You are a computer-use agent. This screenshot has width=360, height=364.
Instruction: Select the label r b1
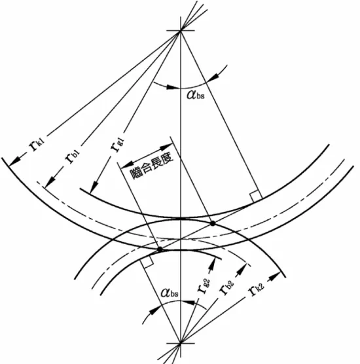[x=72, y=156]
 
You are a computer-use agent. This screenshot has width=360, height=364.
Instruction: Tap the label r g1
[x=117, y=144]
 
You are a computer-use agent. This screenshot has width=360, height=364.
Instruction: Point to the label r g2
[x=204, y=286]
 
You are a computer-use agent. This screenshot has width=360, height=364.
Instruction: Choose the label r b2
[x=226, y=287]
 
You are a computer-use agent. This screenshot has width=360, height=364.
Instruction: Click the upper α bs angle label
[x=196, y=95]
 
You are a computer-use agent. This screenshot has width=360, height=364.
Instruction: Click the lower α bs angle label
[x=170, y=293]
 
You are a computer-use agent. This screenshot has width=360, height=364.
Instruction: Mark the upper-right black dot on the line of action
[x=213, y=223]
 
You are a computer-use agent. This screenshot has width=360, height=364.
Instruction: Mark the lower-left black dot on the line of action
[x=160, y=249]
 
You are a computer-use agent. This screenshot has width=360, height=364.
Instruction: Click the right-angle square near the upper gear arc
[x=255, y=196]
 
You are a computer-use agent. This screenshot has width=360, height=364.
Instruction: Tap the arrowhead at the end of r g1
[x=94, y=187]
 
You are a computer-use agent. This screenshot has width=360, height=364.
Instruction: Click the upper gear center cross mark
[x=181, y=31]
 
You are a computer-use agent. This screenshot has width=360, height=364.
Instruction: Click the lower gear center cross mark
[x=181, y=343]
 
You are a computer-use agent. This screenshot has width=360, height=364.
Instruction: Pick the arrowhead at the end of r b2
[x=242, y=269]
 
